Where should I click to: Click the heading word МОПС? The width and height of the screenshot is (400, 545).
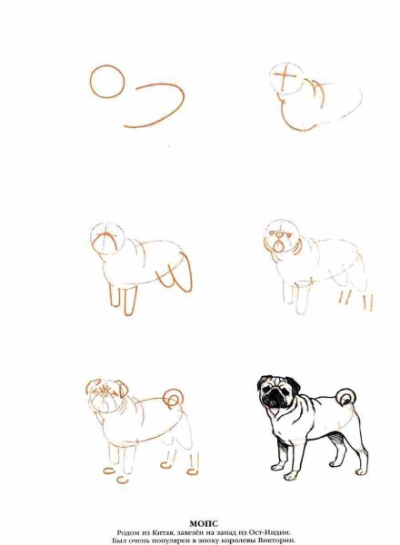click(x=204, y=523)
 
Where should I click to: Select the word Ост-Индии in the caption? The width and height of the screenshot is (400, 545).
click(x=272, y=532)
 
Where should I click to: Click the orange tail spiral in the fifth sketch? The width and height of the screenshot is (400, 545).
click(x=174, y=399)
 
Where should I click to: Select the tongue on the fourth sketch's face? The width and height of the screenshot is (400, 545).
click(x=278, y=247)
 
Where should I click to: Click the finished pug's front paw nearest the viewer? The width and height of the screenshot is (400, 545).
click(x=290, y=476)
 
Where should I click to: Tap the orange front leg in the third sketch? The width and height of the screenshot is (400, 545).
click(x=130, y=301)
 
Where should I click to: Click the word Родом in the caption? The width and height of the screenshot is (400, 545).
click(x=127, y=532)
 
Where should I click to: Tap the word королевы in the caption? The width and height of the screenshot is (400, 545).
click(x=240, y=540)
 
